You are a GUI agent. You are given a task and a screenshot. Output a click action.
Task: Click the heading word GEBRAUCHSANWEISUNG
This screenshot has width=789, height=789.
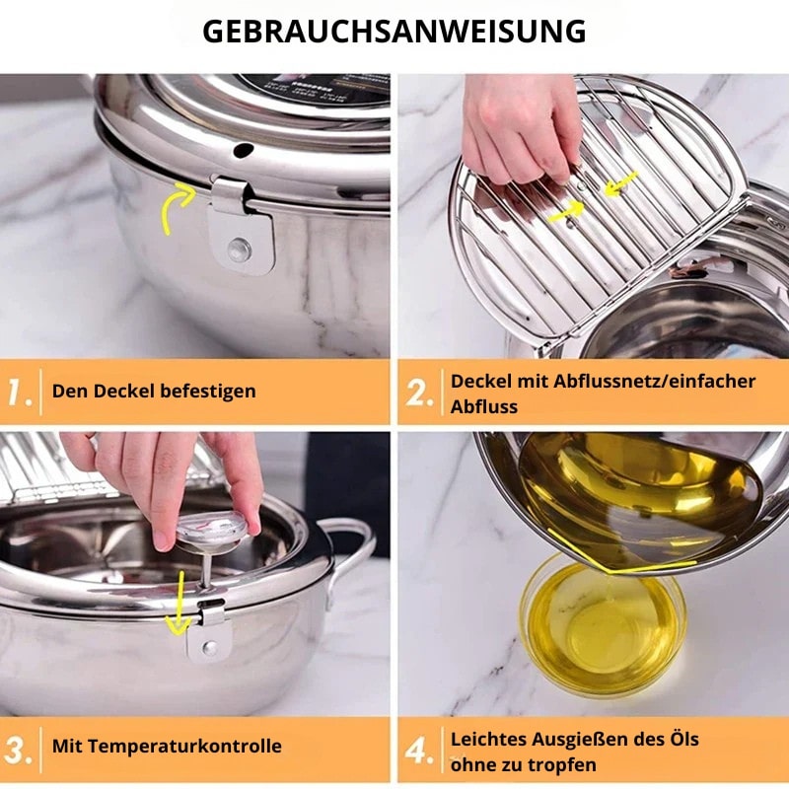[x=394, y=32]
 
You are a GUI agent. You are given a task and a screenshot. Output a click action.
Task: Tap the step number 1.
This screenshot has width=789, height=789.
[x=19, y=393]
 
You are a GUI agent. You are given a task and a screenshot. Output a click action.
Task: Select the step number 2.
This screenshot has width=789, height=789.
[x=418, y=393]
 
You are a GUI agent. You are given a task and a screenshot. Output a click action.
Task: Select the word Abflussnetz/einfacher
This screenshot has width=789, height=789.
[x=654, y=382]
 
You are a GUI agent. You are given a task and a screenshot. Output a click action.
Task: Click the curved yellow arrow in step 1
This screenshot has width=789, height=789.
[x=177, y=207]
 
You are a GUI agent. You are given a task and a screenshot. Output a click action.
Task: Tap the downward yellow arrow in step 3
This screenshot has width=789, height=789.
[x=179, y=603]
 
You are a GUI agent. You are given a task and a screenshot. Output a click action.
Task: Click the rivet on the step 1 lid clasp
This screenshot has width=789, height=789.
[x=239, y=250]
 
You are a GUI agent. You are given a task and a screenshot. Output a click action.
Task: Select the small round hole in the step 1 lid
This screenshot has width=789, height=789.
[x=244, y=150]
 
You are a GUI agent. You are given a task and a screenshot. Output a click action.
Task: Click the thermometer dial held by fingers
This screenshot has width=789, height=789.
[x=212, y=530]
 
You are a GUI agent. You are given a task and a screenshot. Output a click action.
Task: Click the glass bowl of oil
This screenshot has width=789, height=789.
[x=604, y=624]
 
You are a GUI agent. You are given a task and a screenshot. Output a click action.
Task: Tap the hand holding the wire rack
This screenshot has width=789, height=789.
[x=521, y=128]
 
